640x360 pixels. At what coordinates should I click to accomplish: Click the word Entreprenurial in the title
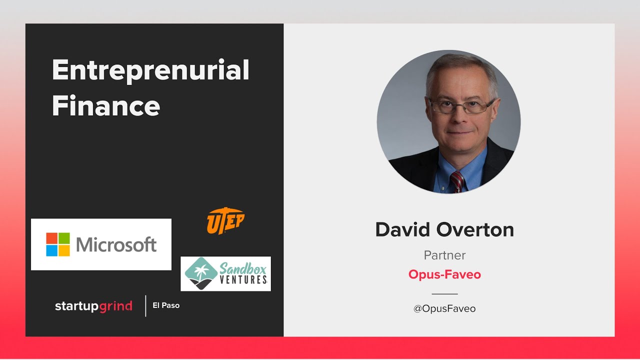(x=150, y=70)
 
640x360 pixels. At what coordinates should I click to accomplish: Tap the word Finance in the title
(x=106, y=105)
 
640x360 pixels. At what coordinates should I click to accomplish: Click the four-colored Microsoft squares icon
(x=58, y=244)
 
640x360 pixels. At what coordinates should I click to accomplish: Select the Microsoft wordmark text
(x=116, y=244)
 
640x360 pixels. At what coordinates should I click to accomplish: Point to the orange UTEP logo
(x=225, y=221)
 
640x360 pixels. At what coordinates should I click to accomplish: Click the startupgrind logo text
(x=93, y=306)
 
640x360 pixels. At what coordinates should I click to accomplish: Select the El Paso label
(x=166, y=305)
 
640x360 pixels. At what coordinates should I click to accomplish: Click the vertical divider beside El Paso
(x=145, y=305)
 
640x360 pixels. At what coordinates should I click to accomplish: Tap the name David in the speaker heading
(x=402, y=230)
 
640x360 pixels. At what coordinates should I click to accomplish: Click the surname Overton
(x=474, y=230)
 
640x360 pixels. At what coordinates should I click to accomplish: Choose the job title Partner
(x=444, y=255)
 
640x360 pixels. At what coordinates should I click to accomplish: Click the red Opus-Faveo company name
(x=444, y=274)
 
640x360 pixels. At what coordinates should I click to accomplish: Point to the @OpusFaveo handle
(x=444, y=308)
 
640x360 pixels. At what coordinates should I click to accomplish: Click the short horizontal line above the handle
(x=444, y=294)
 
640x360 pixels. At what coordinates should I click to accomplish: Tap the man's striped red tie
(x=456, y=181)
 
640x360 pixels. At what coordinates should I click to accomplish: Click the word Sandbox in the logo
(x=243, y=267)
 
